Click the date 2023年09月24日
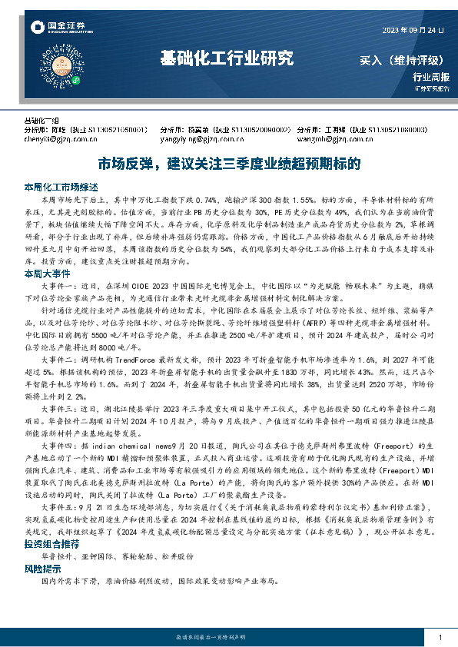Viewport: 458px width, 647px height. [x=412, y=30]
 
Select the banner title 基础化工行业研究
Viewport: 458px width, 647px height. [x=227, y=58]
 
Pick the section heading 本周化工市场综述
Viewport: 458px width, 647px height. [x=61, y=187]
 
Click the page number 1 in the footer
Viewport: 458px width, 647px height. [x=438, y=638]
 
